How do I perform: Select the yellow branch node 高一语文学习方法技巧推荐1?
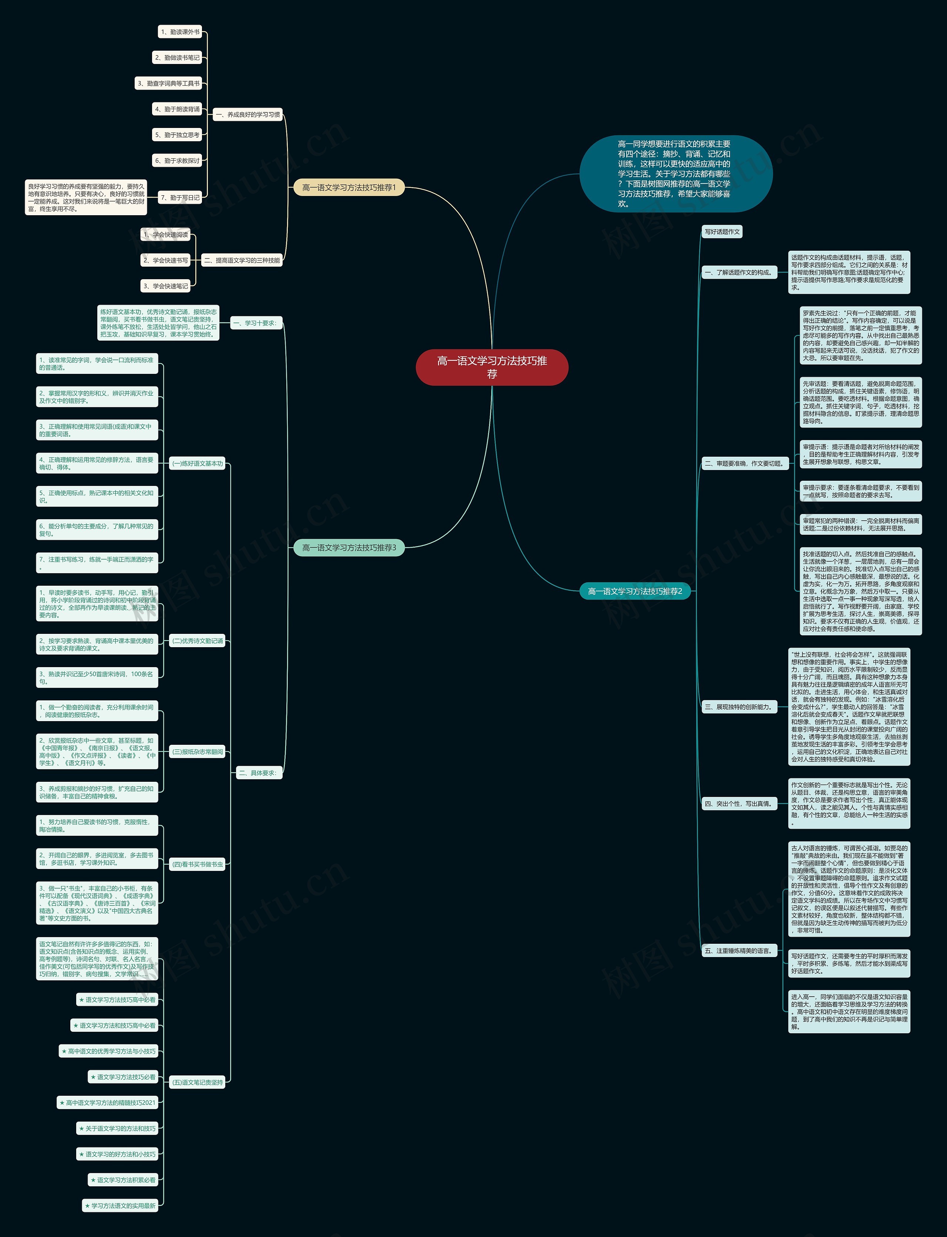pos(349,187)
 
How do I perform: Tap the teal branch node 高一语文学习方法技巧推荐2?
pos(635,591)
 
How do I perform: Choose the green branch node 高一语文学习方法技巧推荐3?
pos(349,547)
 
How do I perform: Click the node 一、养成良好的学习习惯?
pos(247,114)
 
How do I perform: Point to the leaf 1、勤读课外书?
pos(180,32)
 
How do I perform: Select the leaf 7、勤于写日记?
pos(180,197)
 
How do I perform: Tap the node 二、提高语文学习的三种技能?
pos(242,260)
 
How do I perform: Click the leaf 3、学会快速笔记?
pos(166,286)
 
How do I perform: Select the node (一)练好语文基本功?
pos(197,463)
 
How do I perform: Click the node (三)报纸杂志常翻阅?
pos(197,752)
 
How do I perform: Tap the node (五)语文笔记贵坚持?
pos(197,1082)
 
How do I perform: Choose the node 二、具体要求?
pos(257,773)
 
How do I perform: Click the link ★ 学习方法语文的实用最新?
pos(120,1206)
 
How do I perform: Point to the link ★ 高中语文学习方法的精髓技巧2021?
pos(107,1102)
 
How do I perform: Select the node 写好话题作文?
pos(722,231)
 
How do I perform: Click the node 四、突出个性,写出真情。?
pos(738,804)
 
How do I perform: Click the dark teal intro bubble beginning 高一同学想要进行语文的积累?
pos(675,173)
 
